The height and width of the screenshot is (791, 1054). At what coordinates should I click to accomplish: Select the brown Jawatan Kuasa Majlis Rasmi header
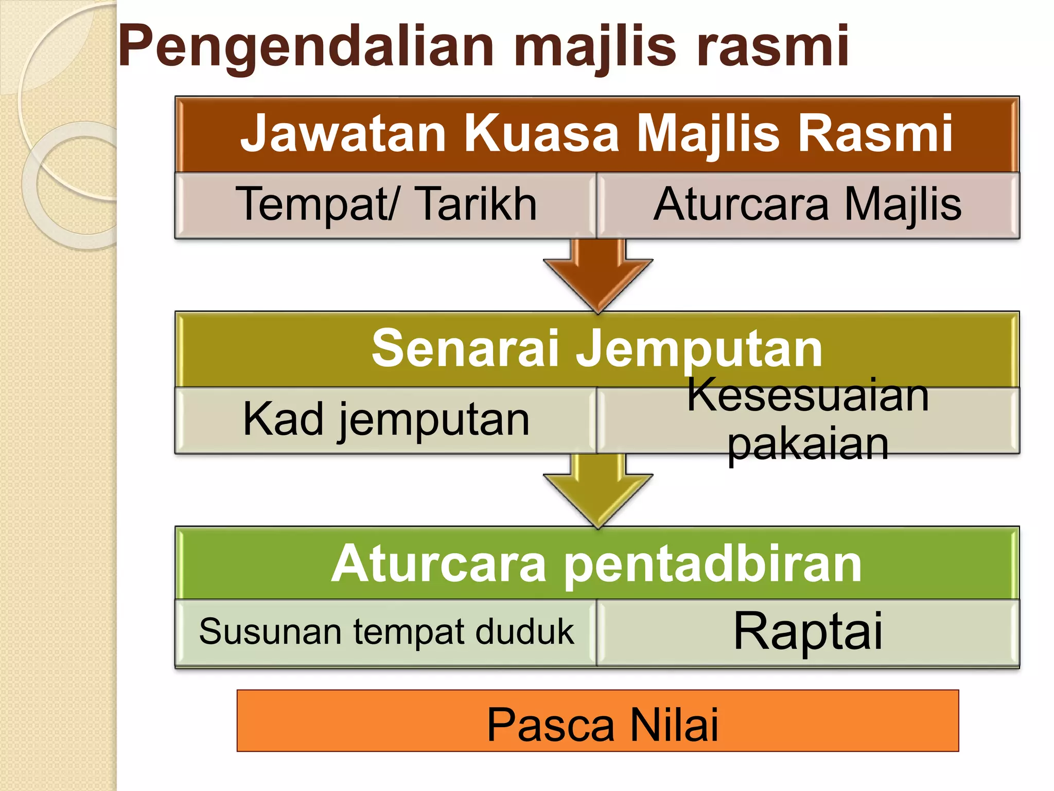[x=597, y=134]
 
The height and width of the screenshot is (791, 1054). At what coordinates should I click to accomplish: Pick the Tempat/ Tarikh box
[x=386, y=205]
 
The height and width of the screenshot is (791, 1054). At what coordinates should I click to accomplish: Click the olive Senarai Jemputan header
[x=597, y=349]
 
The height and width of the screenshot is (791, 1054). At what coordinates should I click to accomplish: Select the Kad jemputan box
[x=386, y=420]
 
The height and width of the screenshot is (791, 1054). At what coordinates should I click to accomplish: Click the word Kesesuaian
[x=808, y=395]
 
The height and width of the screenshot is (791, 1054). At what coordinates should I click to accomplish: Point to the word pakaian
[x=808, y=444]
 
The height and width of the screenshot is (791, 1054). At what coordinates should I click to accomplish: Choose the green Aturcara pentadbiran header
[x=597, y=563]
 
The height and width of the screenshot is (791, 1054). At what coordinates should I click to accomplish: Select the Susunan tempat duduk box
[x=386, y=632]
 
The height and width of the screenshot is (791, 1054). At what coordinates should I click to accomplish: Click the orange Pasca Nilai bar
[x=597, y=721]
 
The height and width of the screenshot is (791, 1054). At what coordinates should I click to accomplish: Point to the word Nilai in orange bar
[x=674, y=724]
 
